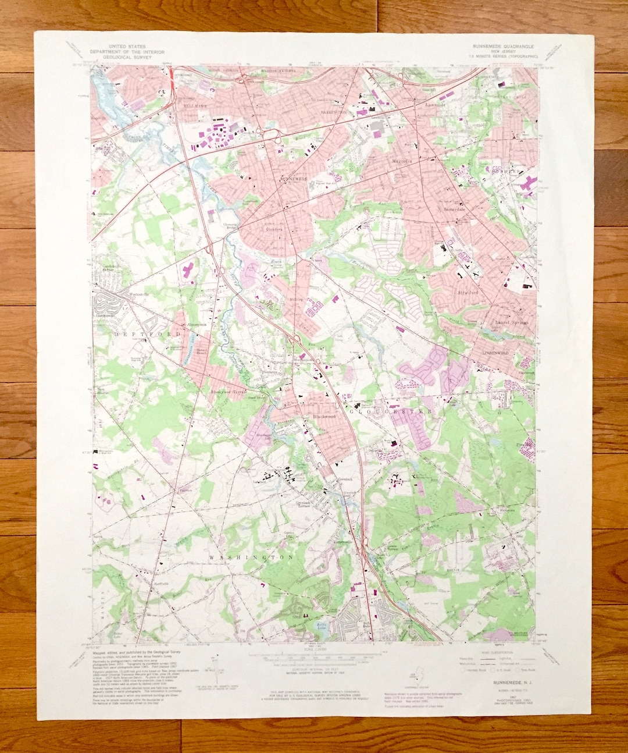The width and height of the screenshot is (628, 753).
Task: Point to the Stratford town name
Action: pyautogui.click(x=468, y=293)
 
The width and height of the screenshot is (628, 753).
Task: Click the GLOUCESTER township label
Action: pyautogui.click(x=390, y=411)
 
